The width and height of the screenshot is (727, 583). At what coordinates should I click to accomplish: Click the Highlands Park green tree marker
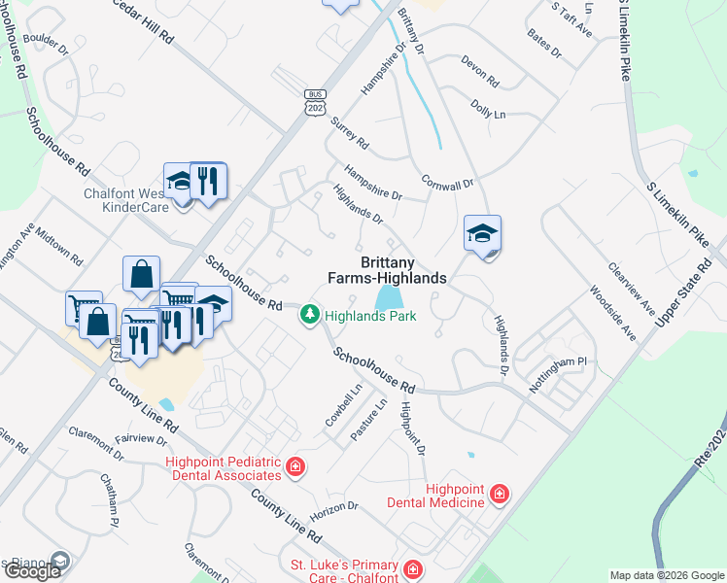pyautogui.click(x=310, y=315)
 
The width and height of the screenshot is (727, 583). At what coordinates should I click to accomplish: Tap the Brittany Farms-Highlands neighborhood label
pyautogui.click(x=403, y=270)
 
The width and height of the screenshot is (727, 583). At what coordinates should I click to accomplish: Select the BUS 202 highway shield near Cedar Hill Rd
pyautogui.click(x=313, y=102)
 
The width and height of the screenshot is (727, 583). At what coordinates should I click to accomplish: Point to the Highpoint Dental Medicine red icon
pyautogui.click(x=500, y=495)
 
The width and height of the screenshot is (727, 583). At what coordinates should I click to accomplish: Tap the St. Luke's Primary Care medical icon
pyautogui.click(x=412, y=568)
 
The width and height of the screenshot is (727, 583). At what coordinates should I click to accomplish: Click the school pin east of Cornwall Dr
pyautogui.click(x=482, y=235)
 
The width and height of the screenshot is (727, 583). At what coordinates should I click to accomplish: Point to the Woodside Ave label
pyautogui.click(x=612, y=313)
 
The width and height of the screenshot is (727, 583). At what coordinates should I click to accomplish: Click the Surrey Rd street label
pyautogui.click(x=350, y=133)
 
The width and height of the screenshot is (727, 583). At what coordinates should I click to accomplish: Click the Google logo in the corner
pyautogui.click(x=32, y=571)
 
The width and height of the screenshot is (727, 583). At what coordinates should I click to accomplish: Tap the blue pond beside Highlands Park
pyautogui.click(x=388, y=297)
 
